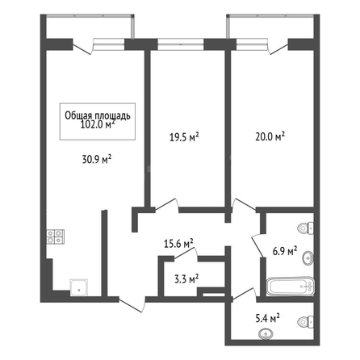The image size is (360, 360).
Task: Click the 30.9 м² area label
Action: click(97, 160)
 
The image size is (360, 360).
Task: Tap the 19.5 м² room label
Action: click(184, 137)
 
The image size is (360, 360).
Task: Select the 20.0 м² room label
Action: click(270, 136)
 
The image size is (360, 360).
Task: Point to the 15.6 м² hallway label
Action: click(178, 244)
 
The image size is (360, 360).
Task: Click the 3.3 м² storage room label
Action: click(186, 279)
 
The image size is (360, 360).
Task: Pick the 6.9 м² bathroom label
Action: click(285, 251)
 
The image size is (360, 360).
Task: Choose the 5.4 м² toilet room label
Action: click(267, 319)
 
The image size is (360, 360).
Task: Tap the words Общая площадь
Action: click(98, 115)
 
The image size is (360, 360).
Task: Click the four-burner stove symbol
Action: click(56, 237)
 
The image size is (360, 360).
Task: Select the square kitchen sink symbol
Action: click(79, 287)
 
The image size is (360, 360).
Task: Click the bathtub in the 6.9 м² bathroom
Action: click(291, 287)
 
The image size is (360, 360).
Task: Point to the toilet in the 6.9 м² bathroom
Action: click(306, 228)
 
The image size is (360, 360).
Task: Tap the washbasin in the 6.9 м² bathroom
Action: click(308, 258)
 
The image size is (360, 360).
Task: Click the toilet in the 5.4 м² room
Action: click(306, 322)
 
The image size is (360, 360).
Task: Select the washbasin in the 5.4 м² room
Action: click(266, 334)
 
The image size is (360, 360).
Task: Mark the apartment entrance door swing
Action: click(132, 305)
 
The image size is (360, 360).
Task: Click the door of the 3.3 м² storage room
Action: click(186, 253)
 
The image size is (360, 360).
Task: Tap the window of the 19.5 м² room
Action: click(181, 44)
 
